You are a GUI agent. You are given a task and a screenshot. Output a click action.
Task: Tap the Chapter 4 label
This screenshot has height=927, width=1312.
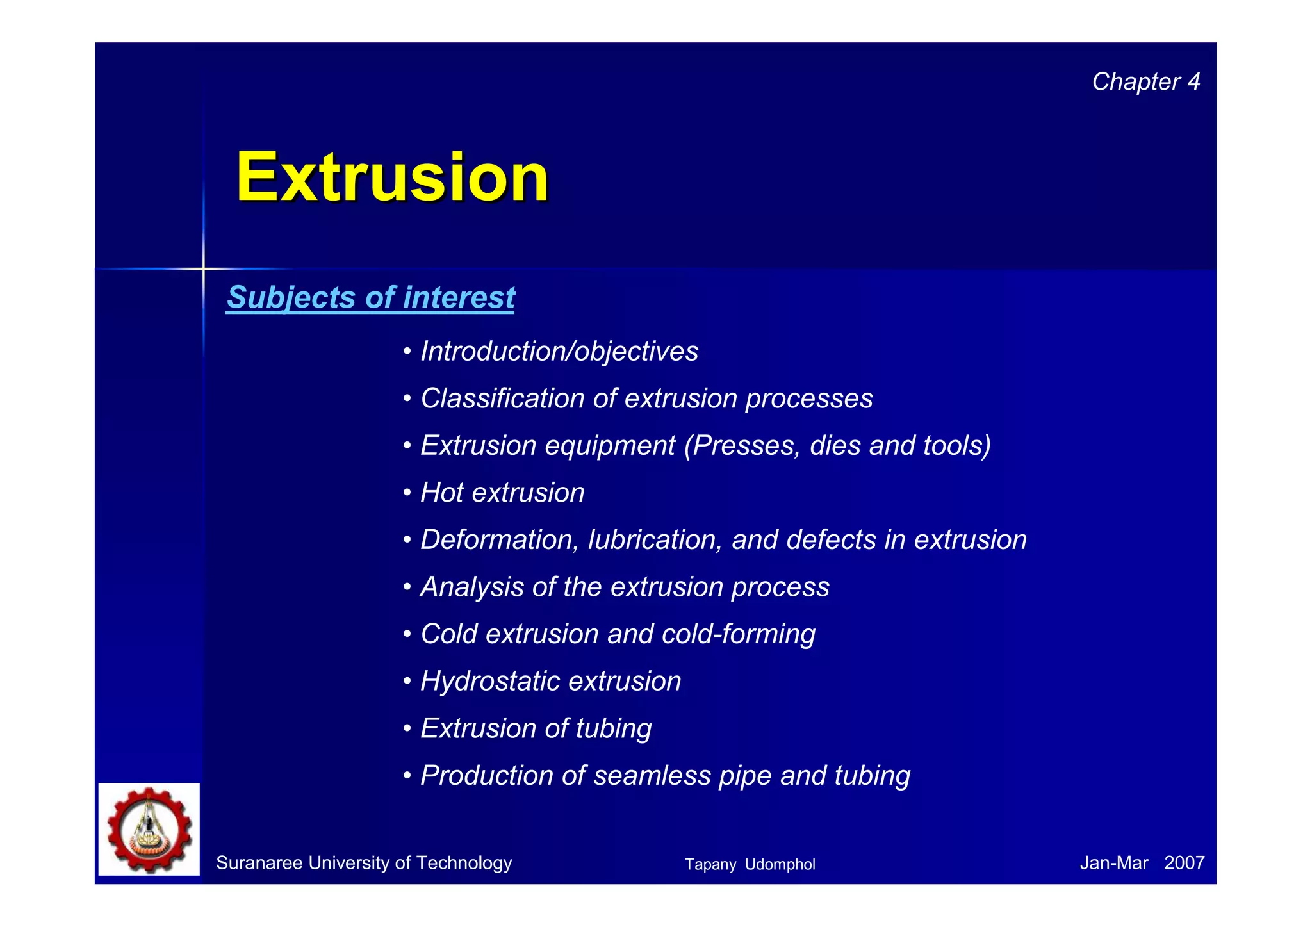point(1145,82)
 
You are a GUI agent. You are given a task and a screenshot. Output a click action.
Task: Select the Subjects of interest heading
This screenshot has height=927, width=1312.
point(370,297)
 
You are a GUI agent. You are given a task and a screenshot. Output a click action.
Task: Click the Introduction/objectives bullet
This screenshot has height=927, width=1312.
point(559,351)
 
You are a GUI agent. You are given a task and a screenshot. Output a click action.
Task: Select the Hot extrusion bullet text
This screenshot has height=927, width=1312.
point(502,493)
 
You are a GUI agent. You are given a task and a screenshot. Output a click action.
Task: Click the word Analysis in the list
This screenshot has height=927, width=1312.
point(471,587)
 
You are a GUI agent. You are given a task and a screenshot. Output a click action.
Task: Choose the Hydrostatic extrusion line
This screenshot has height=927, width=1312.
point(550,681)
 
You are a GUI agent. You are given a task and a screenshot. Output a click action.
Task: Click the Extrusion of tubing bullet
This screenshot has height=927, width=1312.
point(536,728)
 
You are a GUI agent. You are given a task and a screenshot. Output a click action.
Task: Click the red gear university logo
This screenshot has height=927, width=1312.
point(149,830)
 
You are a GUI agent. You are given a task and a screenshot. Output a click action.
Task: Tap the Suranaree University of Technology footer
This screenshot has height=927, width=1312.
point(364,863)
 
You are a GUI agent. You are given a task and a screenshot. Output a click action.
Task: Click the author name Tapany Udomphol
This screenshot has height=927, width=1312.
point(750,864)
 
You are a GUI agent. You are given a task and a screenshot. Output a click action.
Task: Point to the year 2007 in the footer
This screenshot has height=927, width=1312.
point(1184,863)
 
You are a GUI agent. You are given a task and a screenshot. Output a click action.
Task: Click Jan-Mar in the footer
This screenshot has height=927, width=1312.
point(1113,863)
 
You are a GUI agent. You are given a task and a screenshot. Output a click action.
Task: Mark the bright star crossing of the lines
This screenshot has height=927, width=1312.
point(204,269)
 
